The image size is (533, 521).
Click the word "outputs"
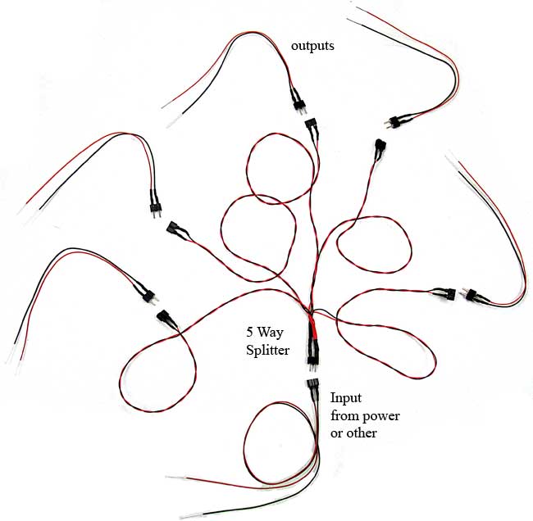[312, 46]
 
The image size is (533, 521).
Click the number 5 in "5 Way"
[250, 333]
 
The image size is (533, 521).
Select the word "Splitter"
[268, 350]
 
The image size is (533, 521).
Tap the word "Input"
[345, 398]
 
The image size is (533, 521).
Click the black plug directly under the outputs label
[298, 102]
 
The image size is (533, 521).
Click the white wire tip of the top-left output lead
[172, 121]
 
